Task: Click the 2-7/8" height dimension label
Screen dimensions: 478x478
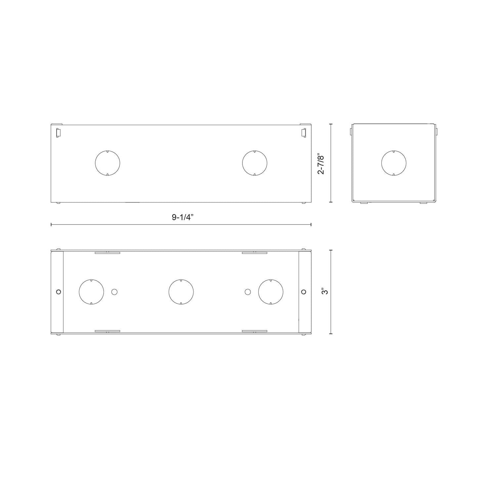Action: (x=321, y=163)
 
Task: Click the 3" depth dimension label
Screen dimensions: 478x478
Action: (x=326, y=291)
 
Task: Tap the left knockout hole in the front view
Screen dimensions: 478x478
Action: (x=108, y=163)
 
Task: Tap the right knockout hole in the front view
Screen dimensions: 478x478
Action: (x=254, y=163)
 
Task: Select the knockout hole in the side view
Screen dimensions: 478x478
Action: (x=394, y=163)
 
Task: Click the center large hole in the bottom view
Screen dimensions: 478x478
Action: (x=181, y=292)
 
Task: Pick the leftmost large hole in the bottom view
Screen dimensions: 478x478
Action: (x=91, y=292)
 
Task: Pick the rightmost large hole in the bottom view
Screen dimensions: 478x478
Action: (x=271, y=292)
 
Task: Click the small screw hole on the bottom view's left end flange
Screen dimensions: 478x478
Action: (x=59, y=292)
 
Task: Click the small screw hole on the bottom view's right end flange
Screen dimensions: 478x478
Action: (x=304, y=292)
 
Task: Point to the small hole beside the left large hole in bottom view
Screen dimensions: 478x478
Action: (x=114, y=292)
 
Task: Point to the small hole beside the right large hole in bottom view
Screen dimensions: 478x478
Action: (x=247, y=292)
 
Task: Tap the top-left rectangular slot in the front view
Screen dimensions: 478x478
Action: (x=59, y=132)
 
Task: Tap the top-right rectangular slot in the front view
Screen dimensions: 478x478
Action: (x=303, y=132)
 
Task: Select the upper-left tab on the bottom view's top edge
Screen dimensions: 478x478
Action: (x=108, y=253)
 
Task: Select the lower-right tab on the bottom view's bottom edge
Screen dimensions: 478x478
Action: (x=254, y=330)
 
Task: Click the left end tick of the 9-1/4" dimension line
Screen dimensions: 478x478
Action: (x=51, y=225)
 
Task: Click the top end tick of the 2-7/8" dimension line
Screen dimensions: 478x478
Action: (x=331, y=124)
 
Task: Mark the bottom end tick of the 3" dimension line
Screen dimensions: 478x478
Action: (x=331, y=334)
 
